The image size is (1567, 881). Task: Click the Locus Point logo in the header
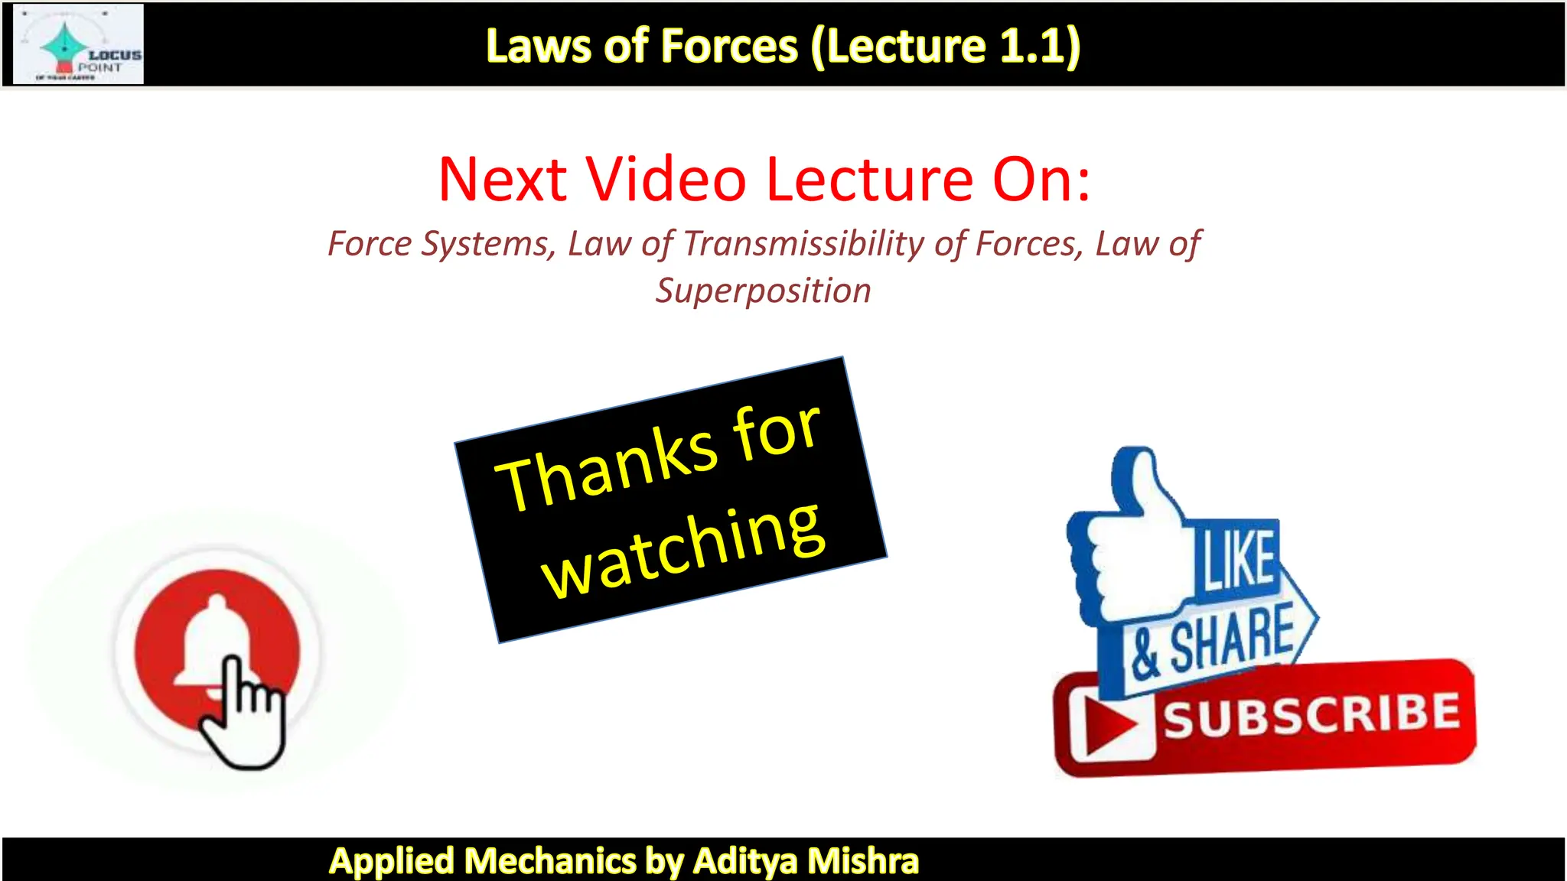(79, 44)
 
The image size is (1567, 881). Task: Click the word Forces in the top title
(729, 46)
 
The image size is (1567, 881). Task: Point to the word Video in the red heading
(666, 180)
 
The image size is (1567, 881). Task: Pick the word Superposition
(763, 291)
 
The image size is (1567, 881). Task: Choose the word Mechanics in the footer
(550, 861)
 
